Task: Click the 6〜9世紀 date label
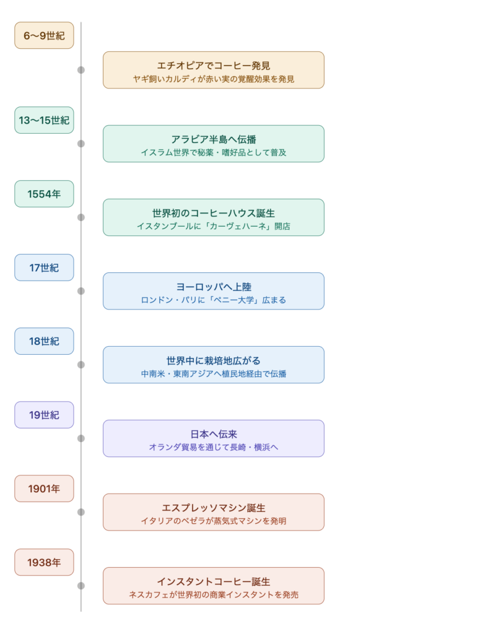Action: click(x=44, y=35)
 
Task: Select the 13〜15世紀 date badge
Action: click(x=44, y=120)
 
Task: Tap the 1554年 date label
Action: click(x=44, y=194)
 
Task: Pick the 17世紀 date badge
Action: click(x=44, y=267)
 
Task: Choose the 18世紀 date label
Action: click(x=44, y=341)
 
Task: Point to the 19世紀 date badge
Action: click(x=44, y=415)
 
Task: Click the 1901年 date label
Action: click(x=44, y=489)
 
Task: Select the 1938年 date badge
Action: click(x=44, y=562)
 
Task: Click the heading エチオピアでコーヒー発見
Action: click(x=214, y=65)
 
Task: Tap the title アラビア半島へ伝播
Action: click(x=214, y=139)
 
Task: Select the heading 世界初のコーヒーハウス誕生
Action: click(x=214, y=212)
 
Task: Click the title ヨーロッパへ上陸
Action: click(x=214, y=286)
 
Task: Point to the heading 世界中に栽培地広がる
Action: click(x=214, y=360)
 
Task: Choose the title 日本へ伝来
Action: click(x=214, y=433)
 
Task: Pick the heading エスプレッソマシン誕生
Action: click(x=214, y=507)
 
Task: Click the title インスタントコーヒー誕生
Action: click(x=214, y=581)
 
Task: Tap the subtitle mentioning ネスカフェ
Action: click(x=214, y=594)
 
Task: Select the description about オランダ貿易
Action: click(x=214, y=447)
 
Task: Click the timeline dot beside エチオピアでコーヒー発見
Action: click(x=81, y=70)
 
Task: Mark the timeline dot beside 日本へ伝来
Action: click(x=81, y=438)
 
